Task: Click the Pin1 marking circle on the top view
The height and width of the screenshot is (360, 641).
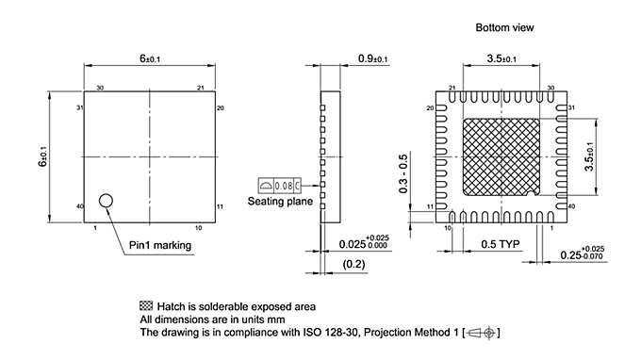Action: (106, 200)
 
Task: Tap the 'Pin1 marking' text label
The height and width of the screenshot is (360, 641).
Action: (160, 246)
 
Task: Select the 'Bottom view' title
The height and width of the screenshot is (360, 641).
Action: (504, 29)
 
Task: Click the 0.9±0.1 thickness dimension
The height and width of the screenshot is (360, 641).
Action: (374, 59)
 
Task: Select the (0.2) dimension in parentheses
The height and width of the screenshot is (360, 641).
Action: (354, 264)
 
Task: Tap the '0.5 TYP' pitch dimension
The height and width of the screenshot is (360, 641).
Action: (500, 244)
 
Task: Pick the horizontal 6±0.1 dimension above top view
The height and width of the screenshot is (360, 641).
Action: (150, 58)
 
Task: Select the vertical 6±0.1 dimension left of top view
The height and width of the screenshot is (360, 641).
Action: (41, 156)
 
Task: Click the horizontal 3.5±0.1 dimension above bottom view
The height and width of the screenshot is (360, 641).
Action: (501, 58)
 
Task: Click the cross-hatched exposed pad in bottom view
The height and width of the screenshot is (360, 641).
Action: (500, 155)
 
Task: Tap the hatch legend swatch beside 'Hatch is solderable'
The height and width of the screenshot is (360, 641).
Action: (146, 306)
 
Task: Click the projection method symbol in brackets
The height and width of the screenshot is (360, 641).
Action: (483, 333)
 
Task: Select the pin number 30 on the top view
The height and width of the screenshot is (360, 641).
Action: (99, 88)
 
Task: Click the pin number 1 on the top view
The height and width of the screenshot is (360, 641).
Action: (95, 228)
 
